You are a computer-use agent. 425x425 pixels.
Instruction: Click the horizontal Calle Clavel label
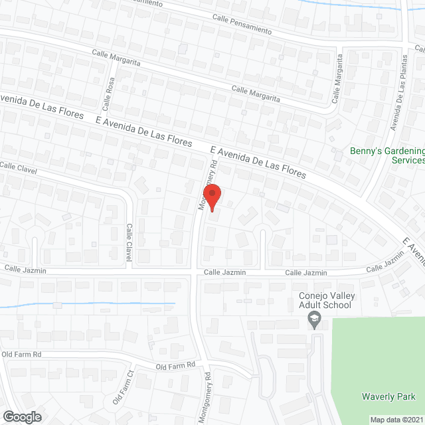[17, 167]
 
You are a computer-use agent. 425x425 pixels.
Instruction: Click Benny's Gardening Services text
[386, 155]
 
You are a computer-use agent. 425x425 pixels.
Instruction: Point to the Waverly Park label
[388, 396]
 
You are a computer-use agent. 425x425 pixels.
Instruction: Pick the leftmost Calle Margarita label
[116, 57]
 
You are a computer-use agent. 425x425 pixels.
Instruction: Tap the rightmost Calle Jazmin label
[386, 263]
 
